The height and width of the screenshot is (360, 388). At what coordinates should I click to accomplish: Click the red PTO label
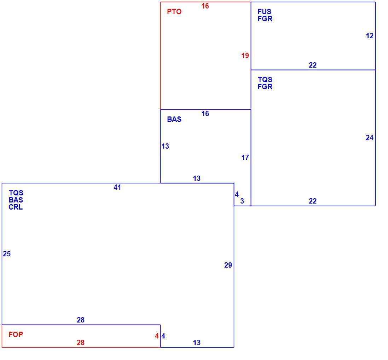174,12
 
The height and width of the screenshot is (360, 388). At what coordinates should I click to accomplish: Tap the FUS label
264,12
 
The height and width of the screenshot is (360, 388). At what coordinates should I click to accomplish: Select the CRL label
16,207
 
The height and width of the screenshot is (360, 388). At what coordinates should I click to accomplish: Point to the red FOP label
16,335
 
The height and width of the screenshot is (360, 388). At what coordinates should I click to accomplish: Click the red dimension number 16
205,6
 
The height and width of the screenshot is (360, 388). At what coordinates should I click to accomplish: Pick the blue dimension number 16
205,114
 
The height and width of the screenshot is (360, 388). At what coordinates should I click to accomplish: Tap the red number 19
245,56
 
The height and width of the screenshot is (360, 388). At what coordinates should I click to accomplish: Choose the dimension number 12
370,36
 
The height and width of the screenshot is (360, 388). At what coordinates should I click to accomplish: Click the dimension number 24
370,138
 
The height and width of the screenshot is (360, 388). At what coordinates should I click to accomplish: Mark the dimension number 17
245,158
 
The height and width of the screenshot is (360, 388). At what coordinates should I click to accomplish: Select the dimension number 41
117,187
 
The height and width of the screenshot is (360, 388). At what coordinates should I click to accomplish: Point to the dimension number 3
242,201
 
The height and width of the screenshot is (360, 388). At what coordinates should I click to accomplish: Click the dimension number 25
7,254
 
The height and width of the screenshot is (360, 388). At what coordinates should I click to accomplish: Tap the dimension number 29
228,265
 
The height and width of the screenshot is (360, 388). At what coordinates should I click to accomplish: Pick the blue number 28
80,320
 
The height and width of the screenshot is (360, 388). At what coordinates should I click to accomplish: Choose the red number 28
80,343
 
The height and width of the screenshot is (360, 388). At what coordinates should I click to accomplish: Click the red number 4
157,336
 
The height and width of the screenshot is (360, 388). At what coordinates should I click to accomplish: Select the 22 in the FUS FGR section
313,65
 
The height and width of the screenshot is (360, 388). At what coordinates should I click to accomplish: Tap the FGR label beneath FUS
265,18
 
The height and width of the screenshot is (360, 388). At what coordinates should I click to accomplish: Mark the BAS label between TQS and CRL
16,200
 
